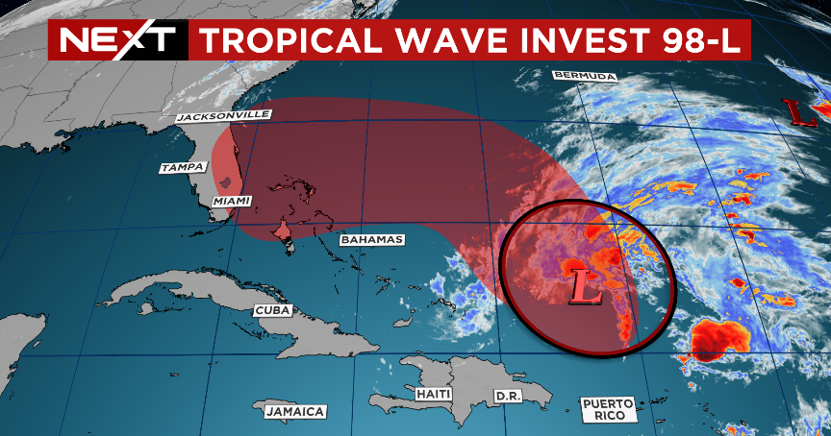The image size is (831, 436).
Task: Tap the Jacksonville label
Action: (224, 116)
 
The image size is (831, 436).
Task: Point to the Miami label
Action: (231, 202)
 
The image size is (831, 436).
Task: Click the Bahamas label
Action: (372, 239)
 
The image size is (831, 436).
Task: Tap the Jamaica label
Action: (294, 412)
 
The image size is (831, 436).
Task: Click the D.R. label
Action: (507, 396)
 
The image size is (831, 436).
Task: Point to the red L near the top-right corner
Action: (796, 111)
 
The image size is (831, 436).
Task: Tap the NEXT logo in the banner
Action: (117, 39)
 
